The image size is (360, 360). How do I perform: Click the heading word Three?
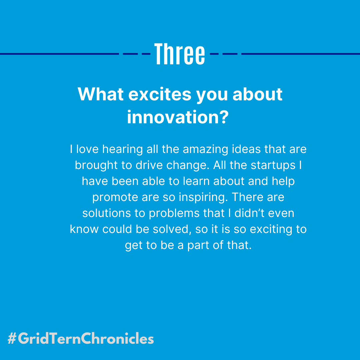180,54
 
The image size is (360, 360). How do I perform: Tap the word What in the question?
100,94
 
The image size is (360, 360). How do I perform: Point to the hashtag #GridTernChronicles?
80,339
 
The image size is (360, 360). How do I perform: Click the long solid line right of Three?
300,54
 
